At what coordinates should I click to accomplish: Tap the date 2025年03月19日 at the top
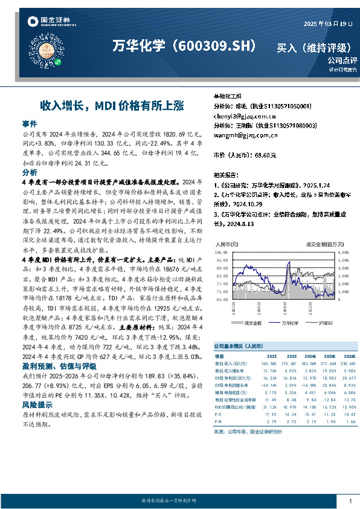[327, 24]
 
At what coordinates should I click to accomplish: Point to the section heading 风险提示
[37, 404]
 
